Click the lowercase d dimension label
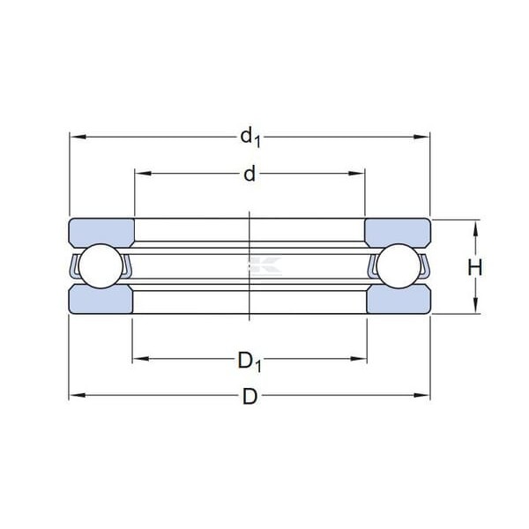click(250, 175)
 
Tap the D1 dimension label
click(250, 361)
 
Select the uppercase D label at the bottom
click(250, 396)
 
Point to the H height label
click(475, 267)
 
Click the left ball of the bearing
click(101, 266)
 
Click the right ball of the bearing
click(399, 266)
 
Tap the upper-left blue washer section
click(101, 233)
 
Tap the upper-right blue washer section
click(398, 233)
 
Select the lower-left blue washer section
click(101, 299)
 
